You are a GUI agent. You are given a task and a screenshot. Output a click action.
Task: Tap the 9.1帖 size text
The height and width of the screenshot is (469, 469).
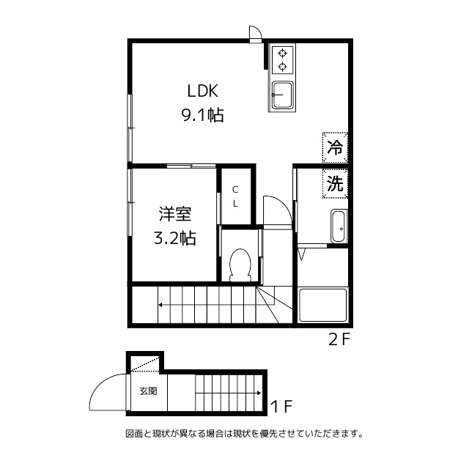[203, 115]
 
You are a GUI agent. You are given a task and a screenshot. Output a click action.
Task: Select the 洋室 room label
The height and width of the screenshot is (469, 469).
[174, 215]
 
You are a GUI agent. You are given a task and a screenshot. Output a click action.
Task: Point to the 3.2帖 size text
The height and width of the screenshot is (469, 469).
[174, 238]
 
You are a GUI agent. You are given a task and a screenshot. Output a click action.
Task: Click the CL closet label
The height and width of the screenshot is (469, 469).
[235, 196]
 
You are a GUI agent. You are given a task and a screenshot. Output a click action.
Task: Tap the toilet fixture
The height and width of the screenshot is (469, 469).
[240, 266]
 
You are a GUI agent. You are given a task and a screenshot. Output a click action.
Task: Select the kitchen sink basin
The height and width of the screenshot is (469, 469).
[282, 95]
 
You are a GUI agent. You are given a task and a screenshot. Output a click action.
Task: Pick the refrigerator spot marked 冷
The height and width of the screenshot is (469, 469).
[335, 147]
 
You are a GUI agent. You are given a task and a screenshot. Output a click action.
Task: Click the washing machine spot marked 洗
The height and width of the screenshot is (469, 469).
[335, 183]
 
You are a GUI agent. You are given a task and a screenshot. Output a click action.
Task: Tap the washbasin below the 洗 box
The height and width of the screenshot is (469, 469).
[339, 226]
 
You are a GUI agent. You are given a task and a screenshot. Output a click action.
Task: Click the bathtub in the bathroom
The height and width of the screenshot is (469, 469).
[322, 304]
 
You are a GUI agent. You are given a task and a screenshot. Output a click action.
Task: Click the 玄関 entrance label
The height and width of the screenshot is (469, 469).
[147, 391]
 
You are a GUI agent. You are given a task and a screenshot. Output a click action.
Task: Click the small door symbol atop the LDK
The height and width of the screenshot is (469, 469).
[255, 34]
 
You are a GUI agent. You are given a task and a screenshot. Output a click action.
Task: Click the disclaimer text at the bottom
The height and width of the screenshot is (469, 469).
[244, 434]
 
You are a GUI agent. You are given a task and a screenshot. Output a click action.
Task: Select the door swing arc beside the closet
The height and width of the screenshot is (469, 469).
[274, 208]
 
